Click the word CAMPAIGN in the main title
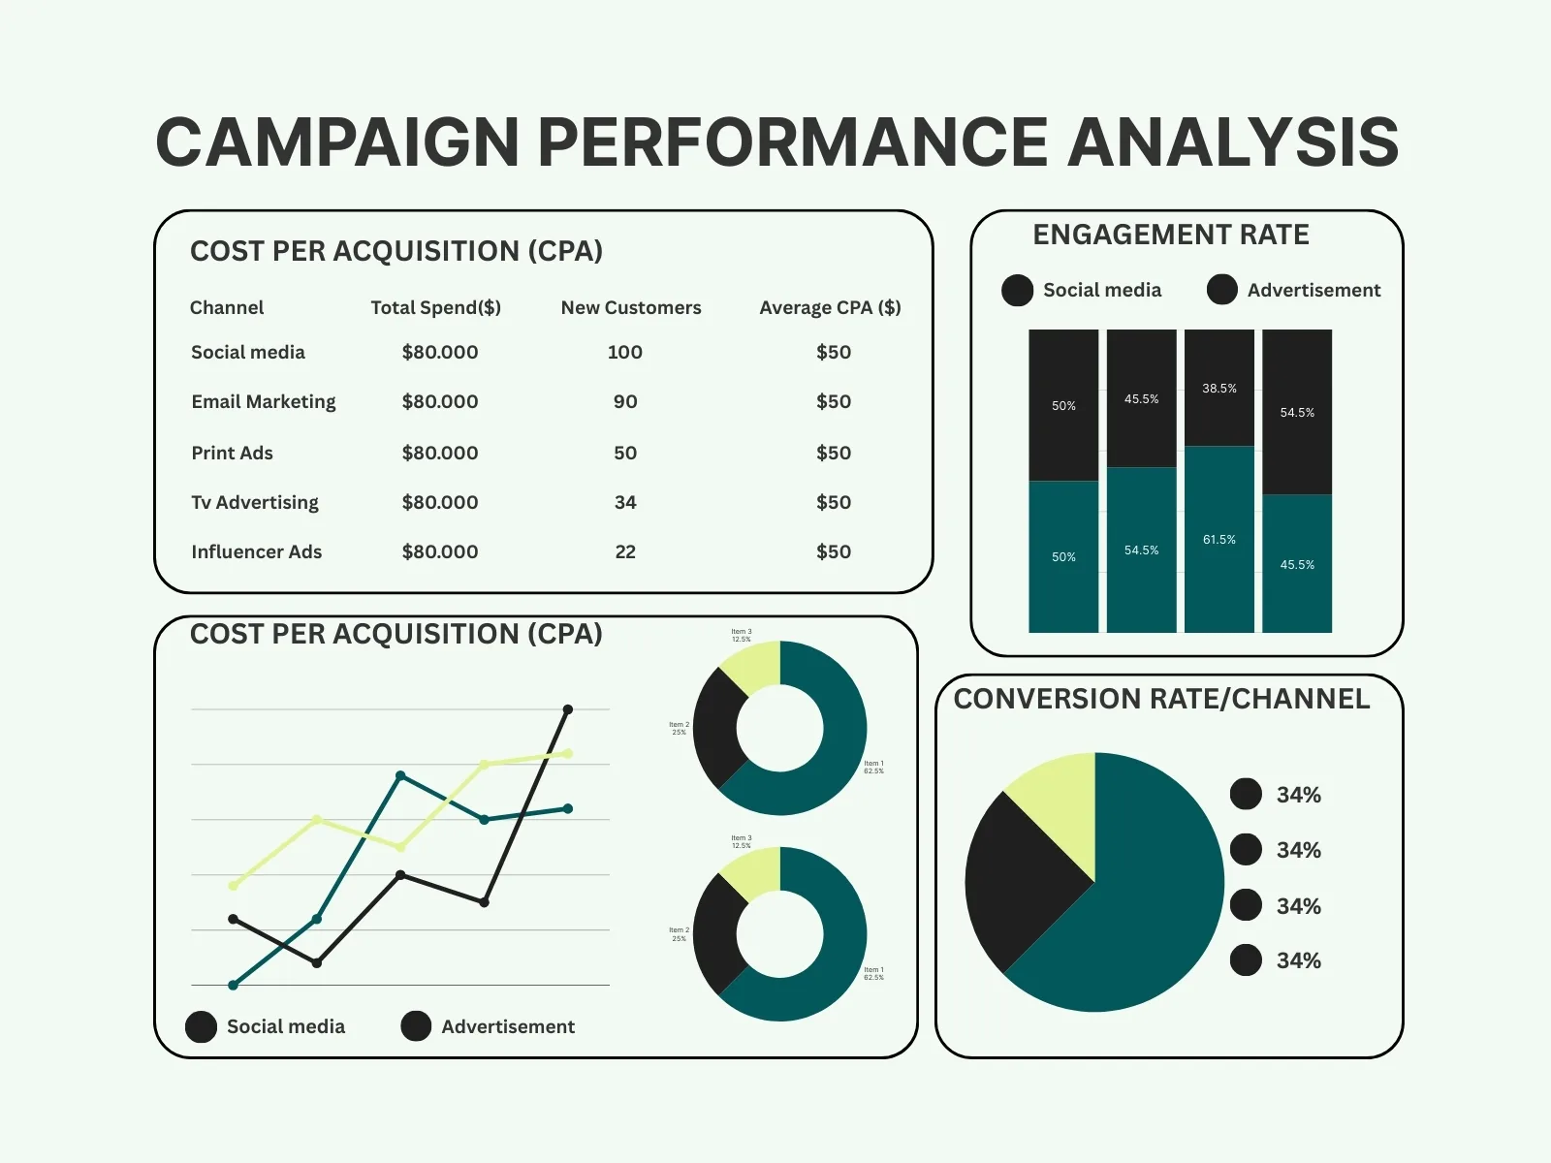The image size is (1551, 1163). pyautogui.click(x=337, y=142)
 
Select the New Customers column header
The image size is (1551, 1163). pyautogui.click(x=631, y=307)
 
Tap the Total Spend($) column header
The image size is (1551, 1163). pyautogui.click(x=435, y=307)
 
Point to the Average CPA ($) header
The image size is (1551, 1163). pyautogui.click(x=830, y=307)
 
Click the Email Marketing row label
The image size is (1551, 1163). pyautogui.click(x=263, y=401)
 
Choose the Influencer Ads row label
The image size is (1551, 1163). pyautogui.click(x=256, y=551)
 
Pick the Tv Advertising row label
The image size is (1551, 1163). pyautogui.click(x=254, y=502)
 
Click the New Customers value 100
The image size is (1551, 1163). pyautogui.click(x=624, y=352)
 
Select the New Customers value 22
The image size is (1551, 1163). pyautogui.click(x=625, y=551)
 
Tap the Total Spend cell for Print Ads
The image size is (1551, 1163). pyautogui.click(x=439, y=453)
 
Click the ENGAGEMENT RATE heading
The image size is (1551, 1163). pyautogui.click(x=1170, y=235)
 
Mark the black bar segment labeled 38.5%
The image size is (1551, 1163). pyautogui.click(x=1219, y=388)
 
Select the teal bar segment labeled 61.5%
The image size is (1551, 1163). pyautogui.click(x=1219, y=539)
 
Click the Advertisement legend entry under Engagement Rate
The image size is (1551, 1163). pyautogui.click(x=1293, y=290)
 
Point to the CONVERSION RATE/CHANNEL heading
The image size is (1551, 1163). pyautogui.click(x=1161, y=699)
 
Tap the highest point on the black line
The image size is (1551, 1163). pyautogui.click(x=568, y=709)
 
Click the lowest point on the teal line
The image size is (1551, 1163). pyautogui.click(x=233, y=985)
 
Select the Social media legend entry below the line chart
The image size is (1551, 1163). pyautogui.click(x=266, y=1026)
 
